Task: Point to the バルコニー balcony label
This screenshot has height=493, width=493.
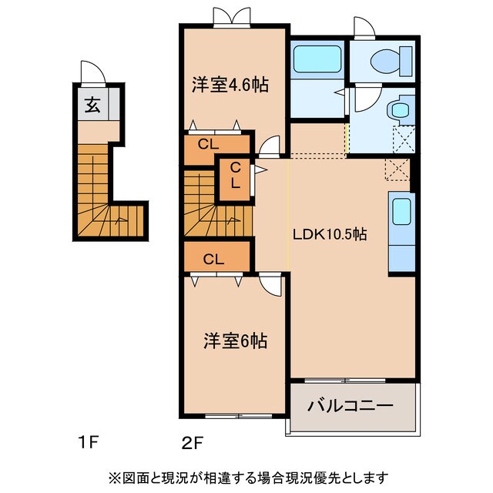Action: tap(351, 405)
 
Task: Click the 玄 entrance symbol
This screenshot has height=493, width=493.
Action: tap(92, 106)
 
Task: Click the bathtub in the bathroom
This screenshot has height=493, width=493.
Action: tap(317, 57)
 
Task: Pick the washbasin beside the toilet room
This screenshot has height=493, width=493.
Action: tap(399, 109)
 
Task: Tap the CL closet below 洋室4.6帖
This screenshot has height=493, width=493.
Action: tap(207, 143)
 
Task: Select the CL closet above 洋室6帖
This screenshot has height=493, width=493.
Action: tap(213, 259)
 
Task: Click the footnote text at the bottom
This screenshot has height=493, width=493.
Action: tap(247, 477)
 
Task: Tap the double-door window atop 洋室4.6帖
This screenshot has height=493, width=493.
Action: tap(231, 16)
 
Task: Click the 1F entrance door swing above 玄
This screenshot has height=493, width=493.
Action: tap(93, 73)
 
